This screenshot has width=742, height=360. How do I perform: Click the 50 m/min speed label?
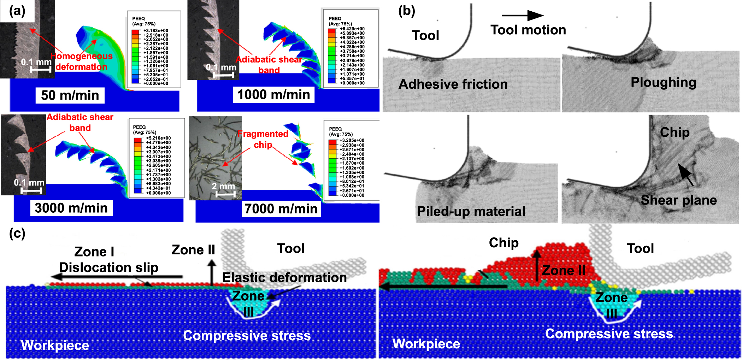coord(70,95)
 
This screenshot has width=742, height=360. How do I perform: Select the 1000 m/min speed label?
coord(273,95)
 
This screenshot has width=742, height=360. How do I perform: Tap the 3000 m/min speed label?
coord(71,208)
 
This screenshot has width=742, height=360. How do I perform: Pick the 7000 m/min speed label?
coord(281,208)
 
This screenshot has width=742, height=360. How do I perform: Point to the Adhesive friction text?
coord(453,84)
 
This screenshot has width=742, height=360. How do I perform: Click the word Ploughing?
coord(663,82)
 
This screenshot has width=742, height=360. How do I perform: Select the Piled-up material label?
coord(471,211)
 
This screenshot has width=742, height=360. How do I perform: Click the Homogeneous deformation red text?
coord(81,61)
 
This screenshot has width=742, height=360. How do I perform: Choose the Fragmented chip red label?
coord(263,139)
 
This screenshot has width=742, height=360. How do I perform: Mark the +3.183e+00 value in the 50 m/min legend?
coord(156,31)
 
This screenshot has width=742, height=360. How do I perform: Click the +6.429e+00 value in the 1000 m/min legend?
coord(352,29)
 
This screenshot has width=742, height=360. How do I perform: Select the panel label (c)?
coord(17,233)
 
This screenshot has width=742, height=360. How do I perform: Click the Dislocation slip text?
coord(108,267)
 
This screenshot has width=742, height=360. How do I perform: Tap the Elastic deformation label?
coord(284,277)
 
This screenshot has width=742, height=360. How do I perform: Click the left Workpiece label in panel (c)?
coord(55,345)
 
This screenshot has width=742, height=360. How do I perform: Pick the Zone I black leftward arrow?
coord(117,277)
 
